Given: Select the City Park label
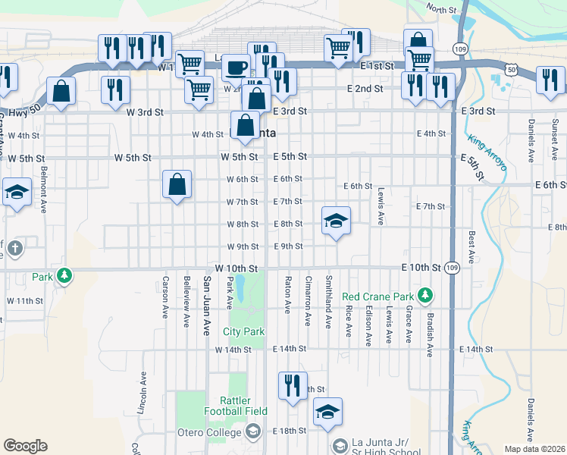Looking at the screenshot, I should (244, 331).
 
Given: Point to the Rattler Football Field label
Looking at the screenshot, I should (235, 406).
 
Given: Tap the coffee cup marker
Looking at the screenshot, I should (236, 67).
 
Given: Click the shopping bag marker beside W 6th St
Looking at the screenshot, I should (177, 184).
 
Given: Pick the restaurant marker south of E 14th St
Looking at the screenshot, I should (292, 385).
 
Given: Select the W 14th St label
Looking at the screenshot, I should (233, 350).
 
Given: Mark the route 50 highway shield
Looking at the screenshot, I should (513, 69).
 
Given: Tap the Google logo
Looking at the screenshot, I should (25, 445).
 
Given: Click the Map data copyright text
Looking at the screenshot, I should (534, 448).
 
